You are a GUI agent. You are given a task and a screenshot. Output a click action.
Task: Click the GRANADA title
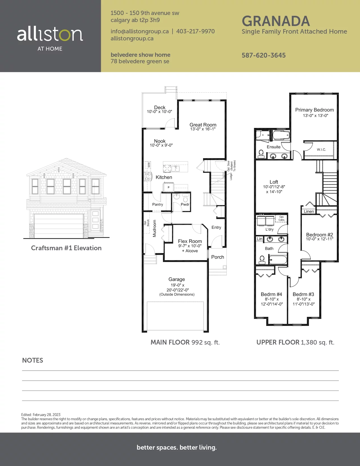pos(276,21)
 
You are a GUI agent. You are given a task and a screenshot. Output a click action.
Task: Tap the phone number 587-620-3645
pos(263,55)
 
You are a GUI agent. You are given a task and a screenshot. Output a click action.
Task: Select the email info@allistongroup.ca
pos(139,31)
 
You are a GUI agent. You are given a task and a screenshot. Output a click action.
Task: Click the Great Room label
pos(203,125)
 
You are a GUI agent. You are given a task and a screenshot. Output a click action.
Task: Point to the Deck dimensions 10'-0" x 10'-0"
pos(159,112)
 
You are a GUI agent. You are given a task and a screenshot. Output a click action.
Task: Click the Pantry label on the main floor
pos(158,204)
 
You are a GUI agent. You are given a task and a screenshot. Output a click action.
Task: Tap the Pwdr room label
pos(185,204)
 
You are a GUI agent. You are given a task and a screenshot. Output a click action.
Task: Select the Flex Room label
pos(190,241)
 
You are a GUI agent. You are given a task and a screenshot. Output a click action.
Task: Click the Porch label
pos(218,257)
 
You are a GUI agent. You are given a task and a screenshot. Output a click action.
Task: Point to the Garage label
pos(176,279)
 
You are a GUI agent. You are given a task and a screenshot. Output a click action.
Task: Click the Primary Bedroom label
pos(315,110)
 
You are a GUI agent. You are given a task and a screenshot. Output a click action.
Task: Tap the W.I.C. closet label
pos(321,150)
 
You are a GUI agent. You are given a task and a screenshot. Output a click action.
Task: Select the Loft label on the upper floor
pos(274,182)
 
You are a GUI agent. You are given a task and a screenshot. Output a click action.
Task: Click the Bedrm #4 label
pos(271,294)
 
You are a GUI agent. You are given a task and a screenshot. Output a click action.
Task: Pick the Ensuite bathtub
pos(281,135)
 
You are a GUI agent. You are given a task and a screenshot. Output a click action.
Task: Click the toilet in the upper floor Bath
pos(262,260)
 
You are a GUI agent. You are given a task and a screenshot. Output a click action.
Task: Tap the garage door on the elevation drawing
pos(58,226)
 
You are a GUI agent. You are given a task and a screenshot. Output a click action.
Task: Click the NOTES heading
pos(32,360)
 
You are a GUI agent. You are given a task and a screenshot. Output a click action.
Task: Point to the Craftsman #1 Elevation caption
pos(66,248)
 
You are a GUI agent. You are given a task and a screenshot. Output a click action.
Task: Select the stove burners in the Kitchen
pos(148,176)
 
